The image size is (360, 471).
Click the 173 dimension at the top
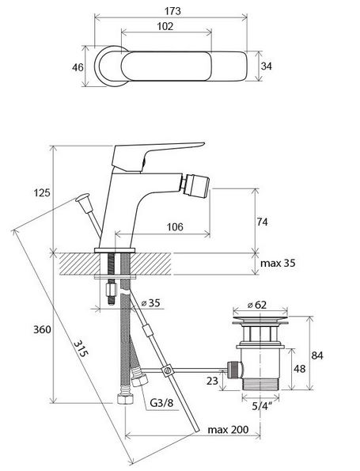pyautogui.click(x=172, y=11)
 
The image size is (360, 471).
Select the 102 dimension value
pyautogui.click(x=165, y=26)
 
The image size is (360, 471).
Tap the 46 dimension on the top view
pyautogui.click(x=78, y=67)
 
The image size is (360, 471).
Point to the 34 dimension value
pyautogui.click(x=266, y=66)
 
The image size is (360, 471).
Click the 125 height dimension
pyautogui.click(x=42, y=192)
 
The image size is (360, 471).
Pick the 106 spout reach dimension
pyautogui.click(x=175, y=226)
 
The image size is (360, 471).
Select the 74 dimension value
pyautogui.click(x=262, y=222)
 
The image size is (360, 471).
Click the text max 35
pyautogui.click(x=278, y=263)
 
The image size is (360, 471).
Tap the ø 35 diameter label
pyautogui.click(x=151, y=302)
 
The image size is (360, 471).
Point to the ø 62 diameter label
pyautogui.click(x=256, y=305)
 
